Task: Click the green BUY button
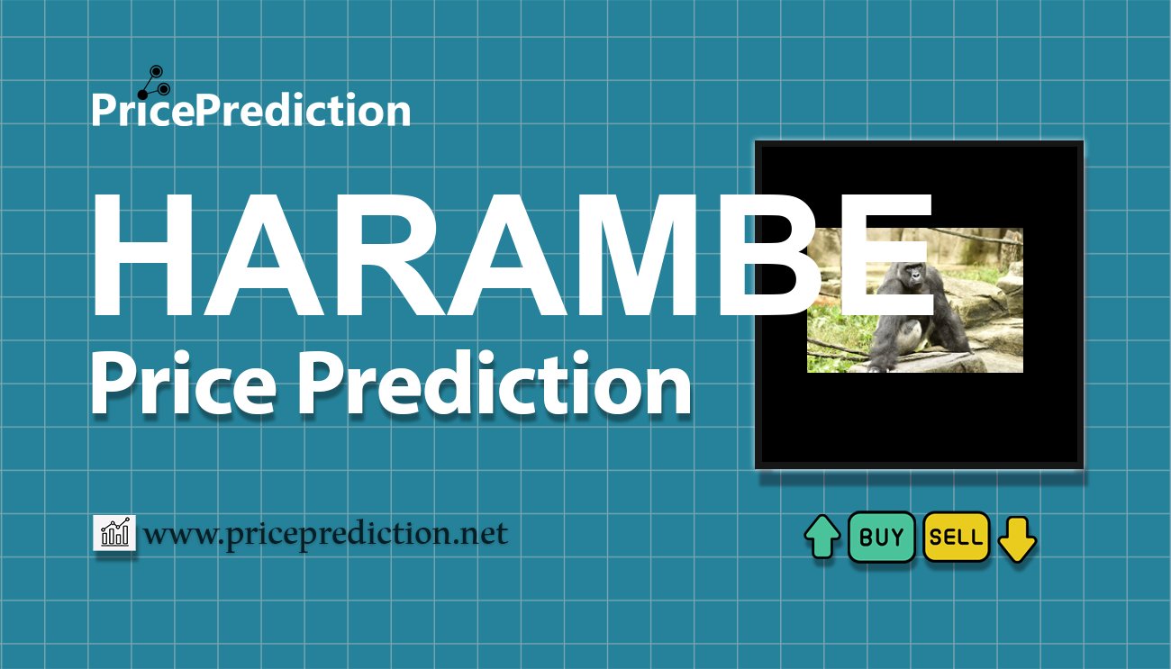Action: click(881, 538)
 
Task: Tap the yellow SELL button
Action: click(956, 538)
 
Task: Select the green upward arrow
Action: click(822, 538)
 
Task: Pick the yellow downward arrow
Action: click(1017, 538)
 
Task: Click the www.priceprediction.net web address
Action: click(325, 534)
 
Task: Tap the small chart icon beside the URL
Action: click(114, 533)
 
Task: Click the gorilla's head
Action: click(910, 275)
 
